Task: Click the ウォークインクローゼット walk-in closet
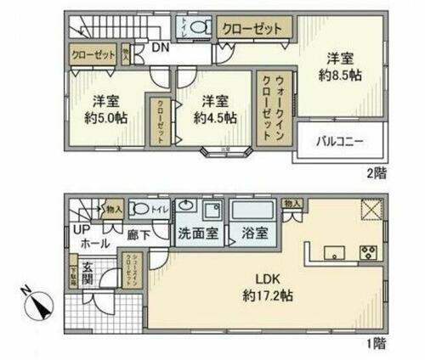(x=272, y=109)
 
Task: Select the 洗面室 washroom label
(x=197, y=232)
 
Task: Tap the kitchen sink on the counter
(x=334, y=250)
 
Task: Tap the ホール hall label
(x=93, y=243)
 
